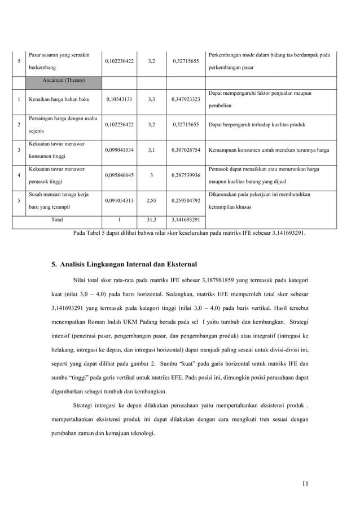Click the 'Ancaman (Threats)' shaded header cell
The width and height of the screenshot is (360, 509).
63,80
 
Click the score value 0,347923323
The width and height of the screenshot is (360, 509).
186,99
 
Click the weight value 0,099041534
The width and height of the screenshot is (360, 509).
119,150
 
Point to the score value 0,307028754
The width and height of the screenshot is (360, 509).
186,150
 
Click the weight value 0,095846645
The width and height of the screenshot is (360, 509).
119,175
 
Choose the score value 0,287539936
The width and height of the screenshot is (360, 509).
186,175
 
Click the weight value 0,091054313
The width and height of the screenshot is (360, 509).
119,200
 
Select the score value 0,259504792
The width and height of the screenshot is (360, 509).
186,200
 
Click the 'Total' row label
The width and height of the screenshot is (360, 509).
57,219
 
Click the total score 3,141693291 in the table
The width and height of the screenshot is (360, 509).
186,219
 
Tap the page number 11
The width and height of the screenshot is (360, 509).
305,483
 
